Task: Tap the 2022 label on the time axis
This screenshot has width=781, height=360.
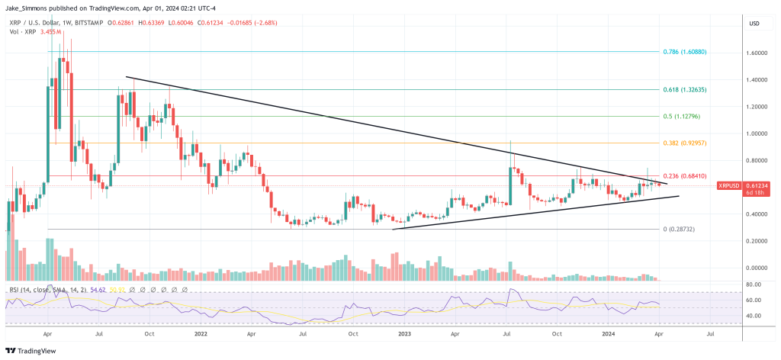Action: (x=201, y=333)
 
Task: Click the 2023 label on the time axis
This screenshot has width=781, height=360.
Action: (x=403, y=333)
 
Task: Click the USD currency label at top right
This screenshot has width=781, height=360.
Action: (x=756, y=24)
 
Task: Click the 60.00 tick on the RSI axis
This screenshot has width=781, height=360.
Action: (x=754, y=301)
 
